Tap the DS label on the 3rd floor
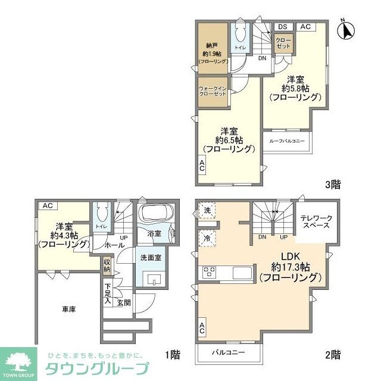click(x=282, y=27)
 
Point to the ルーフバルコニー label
click(x=287, y=141)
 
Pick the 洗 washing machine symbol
click(x=206, y=211)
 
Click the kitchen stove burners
click(x=210, y=272)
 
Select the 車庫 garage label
click(x=68, y=309)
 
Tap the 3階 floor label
click(x=333, y=185)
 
